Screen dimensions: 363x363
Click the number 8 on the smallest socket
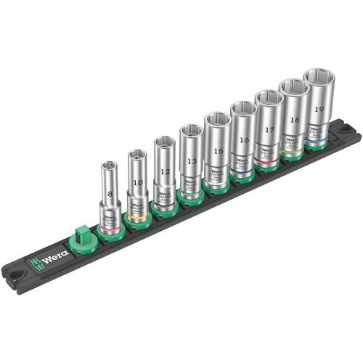[110, 195]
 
